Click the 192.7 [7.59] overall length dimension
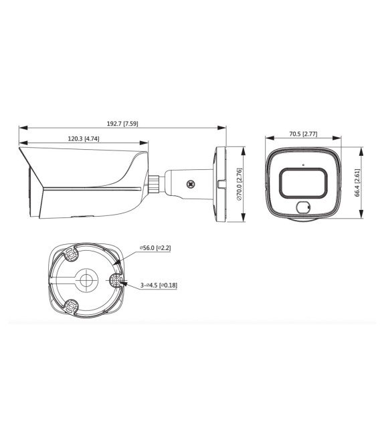coord(122,124)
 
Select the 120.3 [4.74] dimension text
coord(84,138)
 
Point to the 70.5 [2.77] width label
coord(303,134)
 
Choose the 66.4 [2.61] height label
coord(359,182)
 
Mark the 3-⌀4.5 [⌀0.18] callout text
coord(159,285)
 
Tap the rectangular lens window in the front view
coord(303,181)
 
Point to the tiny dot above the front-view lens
coord(303,164)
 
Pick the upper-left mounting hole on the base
coord(70,253)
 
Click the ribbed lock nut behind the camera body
coord(153,182)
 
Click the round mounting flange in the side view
coord(220,181)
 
